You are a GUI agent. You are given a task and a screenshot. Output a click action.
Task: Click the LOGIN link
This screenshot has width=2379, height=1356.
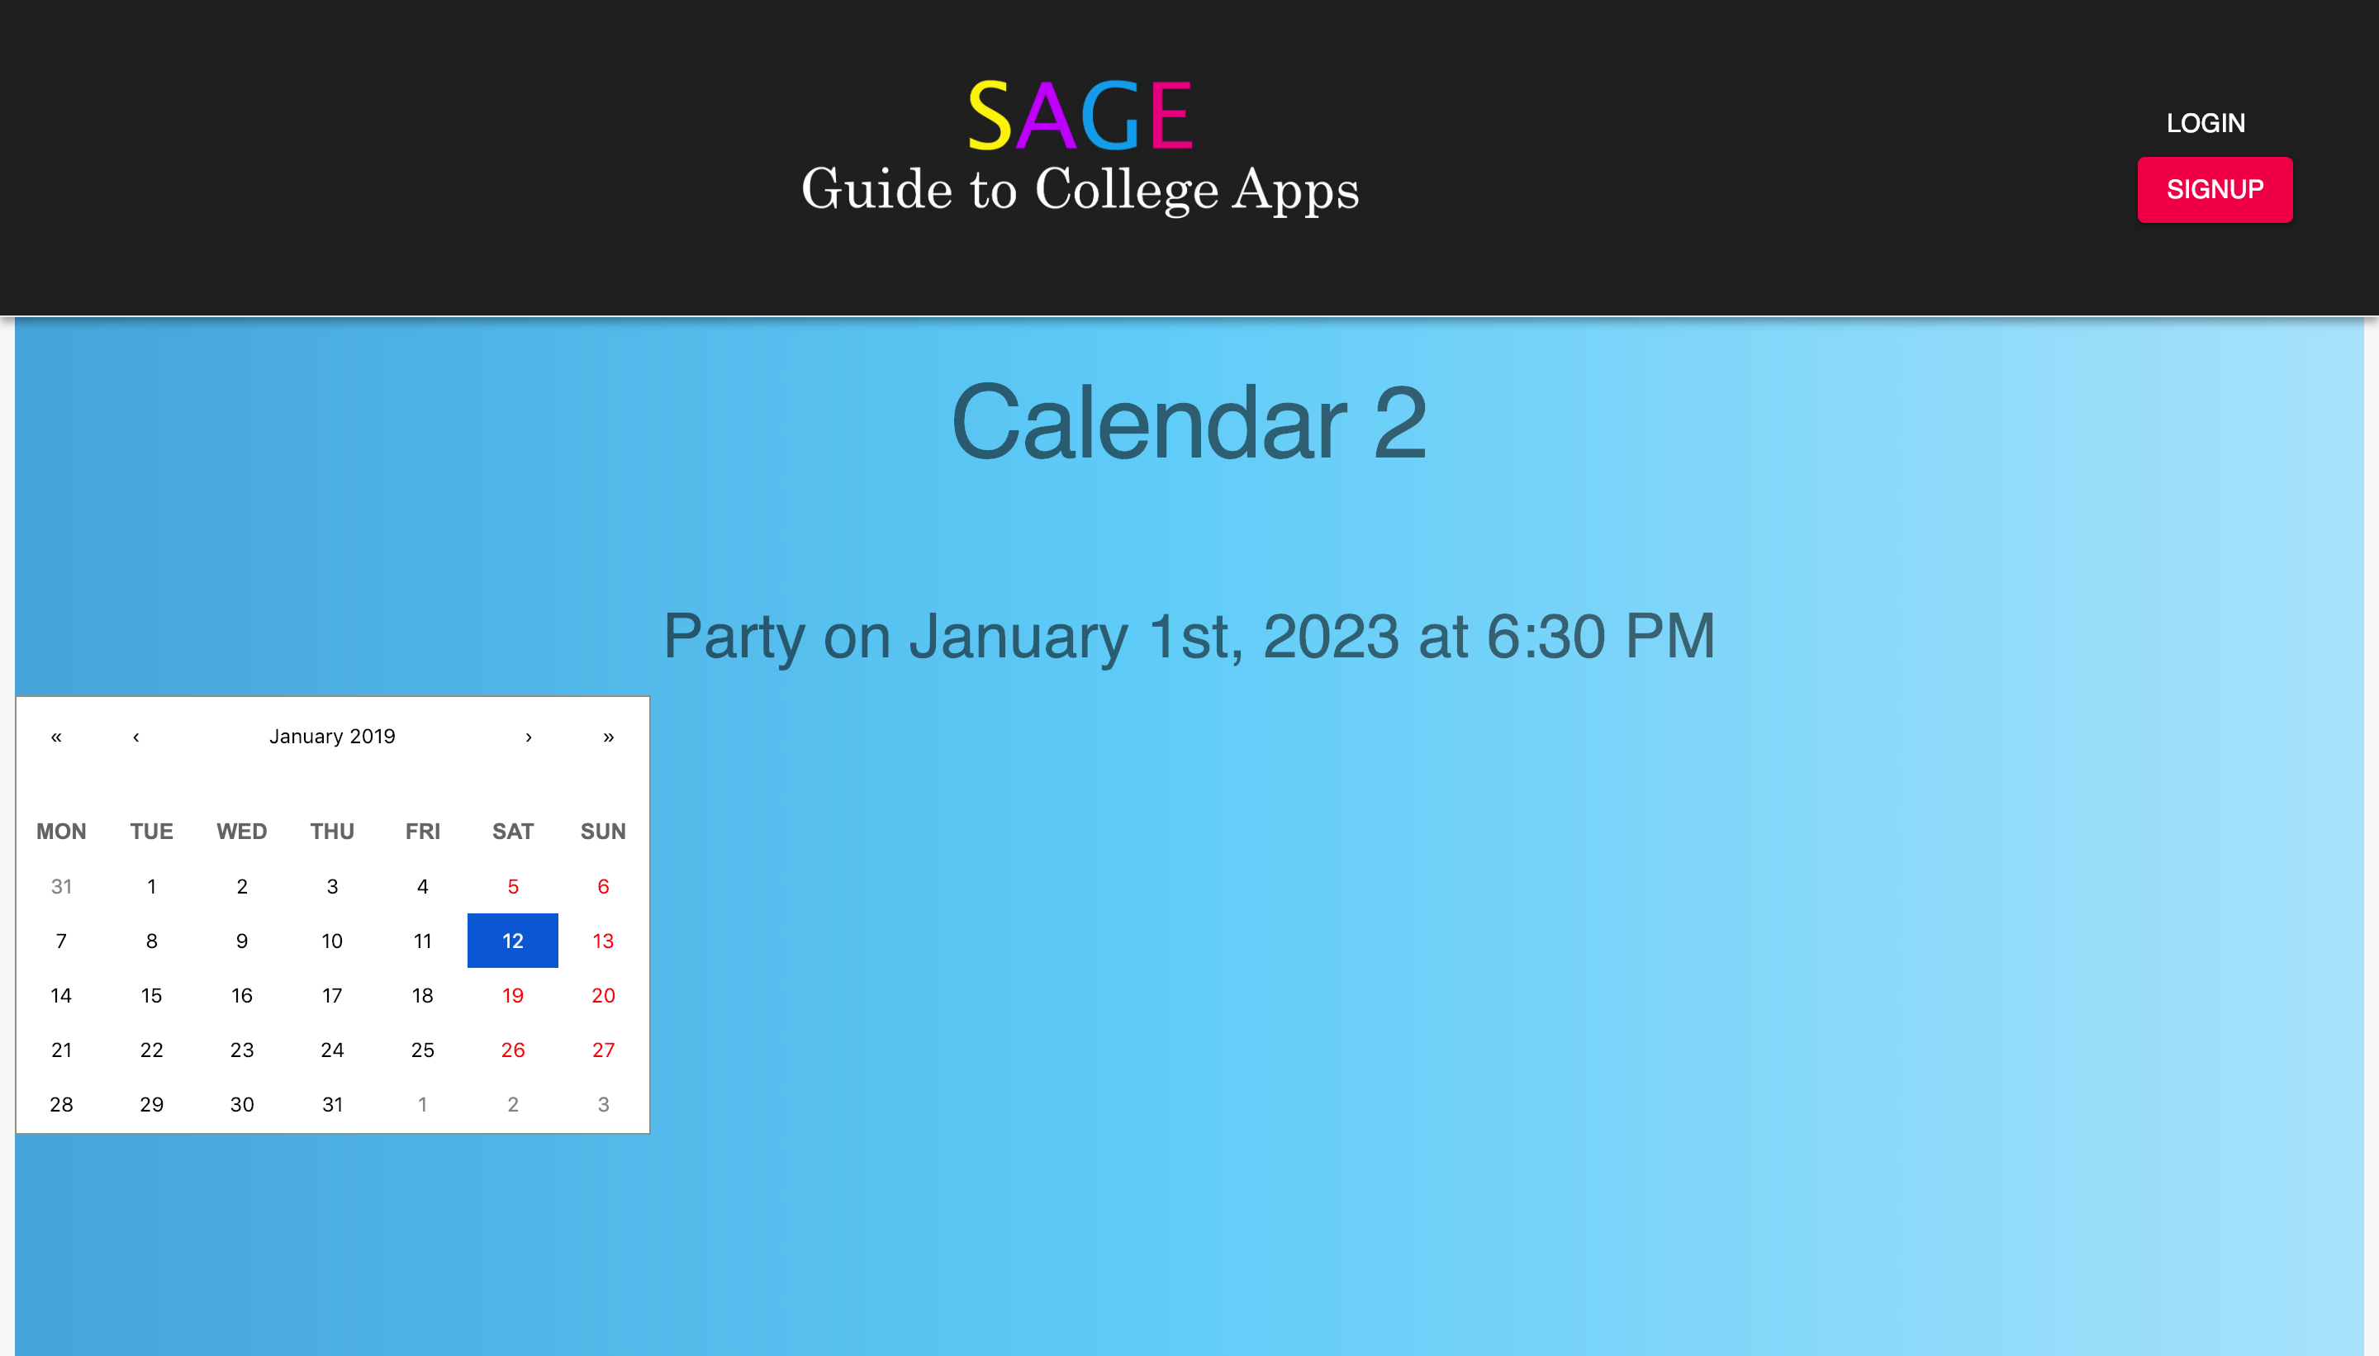[2205, 123]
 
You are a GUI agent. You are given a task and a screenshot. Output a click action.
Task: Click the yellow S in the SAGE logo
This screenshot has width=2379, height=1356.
[990, 116]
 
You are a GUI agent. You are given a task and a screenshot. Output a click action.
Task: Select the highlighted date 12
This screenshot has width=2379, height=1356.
[512, 941]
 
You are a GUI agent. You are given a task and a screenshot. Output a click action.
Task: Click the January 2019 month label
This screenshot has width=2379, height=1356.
[333, 736]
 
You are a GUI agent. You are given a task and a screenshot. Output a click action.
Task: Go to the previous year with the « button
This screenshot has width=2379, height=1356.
[56, 737]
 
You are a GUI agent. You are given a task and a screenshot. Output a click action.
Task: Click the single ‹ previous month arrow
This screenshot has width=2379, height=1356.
[136, 737]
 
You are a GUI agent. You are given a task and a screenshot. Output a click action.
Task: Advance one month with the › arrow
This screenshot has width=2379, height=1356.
[528, 737]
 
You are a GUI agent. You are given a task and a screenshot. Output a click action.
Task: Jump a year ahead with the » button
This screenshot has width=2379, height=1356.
[608, 737]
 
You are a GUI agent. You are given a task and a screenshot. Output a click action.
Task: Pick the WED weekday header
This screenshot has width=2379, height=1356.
[242, 831]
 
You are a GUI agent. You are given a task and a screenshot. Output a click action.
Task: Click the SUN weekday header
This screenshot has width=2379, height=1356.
[603, 831]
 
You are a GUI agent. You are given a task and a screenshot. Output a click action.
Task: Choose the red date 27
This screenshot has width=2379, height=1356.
[603, 1050]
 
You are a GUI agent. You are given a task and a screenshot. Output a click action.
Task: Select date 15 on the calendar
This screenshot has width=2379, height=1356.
[152, 996]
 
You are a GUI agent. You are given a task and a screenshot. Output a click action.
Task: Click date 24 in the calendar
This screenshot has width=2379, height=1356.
[333, 1050]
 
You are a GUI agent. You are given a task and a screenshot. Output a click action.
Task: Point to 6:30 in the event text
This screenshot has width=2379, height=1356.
[1546, 636]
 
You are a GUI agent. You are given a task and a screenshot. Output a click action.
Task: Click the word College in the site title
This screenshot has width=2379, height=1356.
[1126, 190]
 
